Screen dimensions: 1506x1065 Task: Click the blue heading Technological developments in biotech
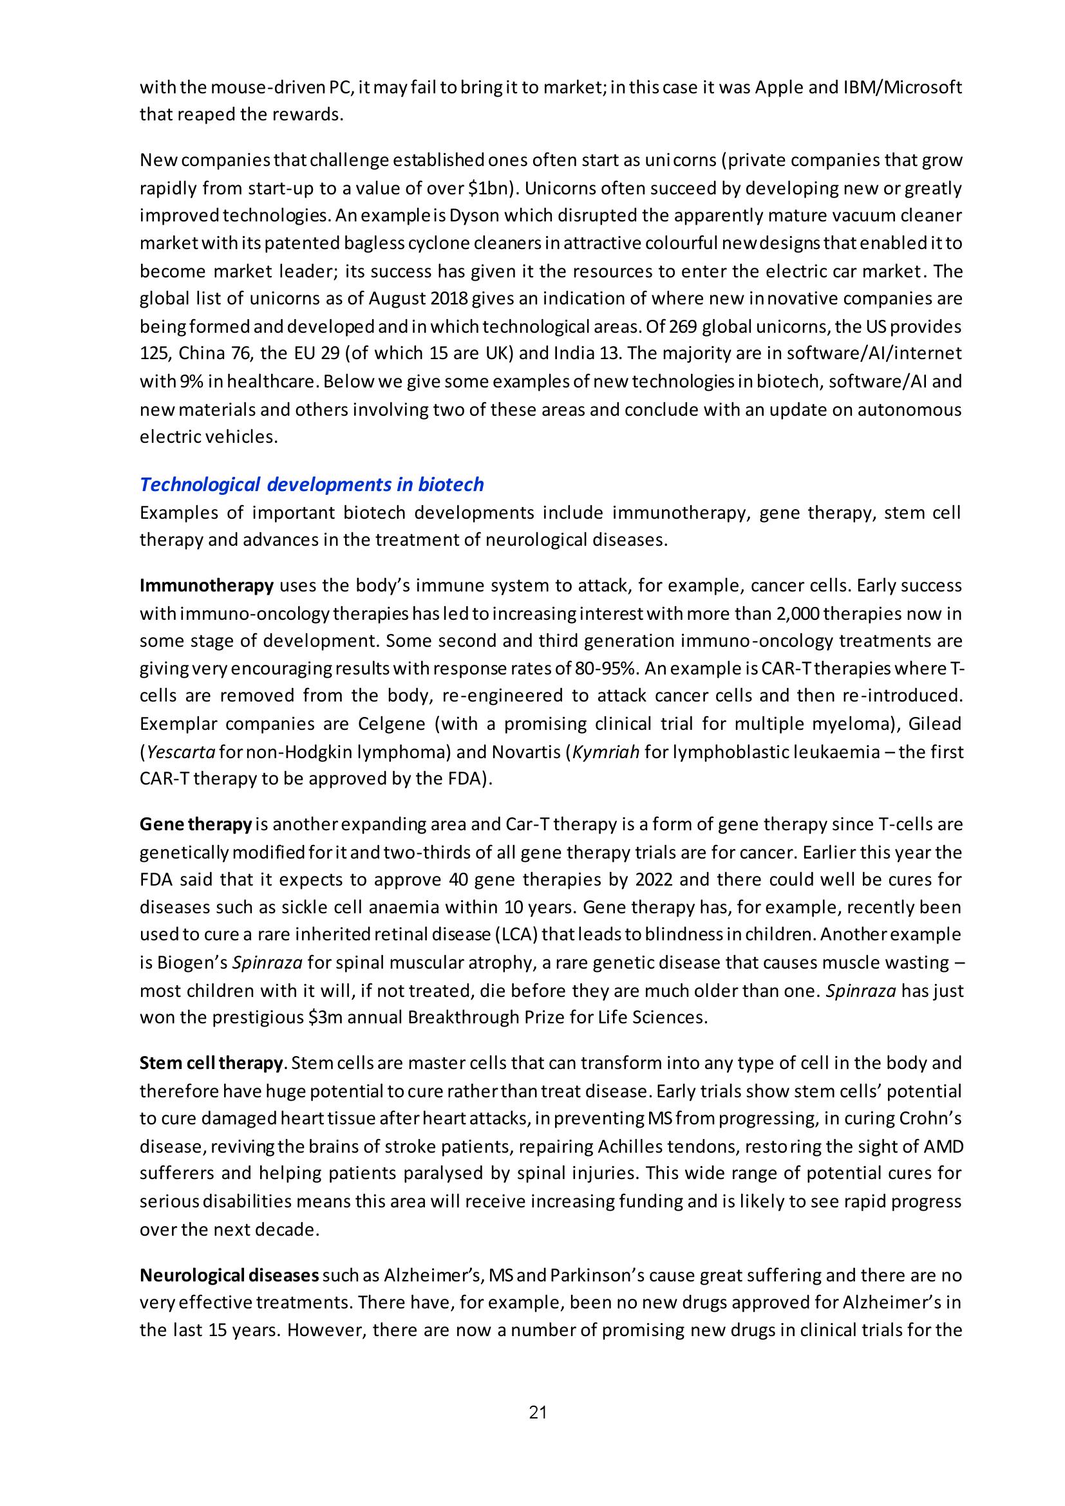[312, 485]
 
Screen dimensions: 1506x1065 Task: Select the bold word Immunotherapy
[207, 585]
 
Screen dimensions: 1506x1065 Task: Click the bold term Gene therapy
[196, 824]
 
